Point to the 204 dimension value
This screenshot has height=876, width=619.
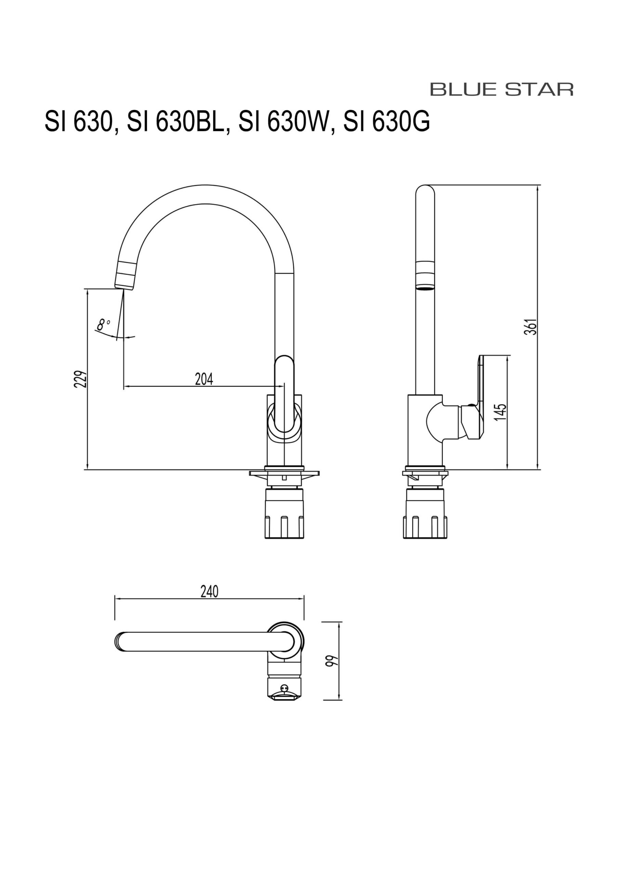[204, 379]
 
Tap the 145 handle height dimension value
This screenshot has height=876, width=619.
[500, 412]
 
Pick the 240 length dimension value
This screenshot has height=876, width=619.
[209, 591]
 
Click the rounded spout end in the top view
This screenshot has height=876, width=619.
[120, 641]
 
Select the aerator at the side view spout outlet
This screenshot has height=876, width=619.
[425, 287]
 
